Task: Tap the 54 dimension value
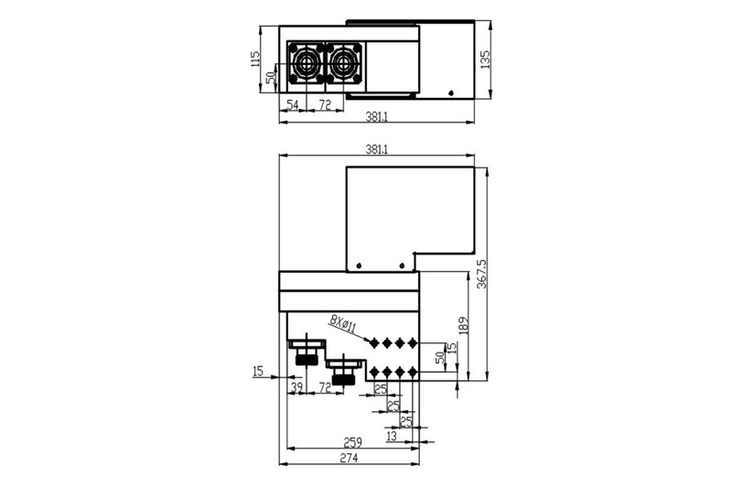pyautogui.click(x=292, y=106)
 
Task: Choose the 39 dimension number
pyautogui.click(x=296, y=388)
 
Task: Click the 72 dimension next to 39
pyautogui.click(x=324, y=388)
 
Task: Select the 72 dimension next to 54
pyautogui.click(x=324, y=106)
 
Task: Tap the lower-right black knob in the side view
pyautogui.click(x=344, y=377)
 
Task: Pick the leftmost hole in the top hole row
pyautogui.click(x=373, y=342)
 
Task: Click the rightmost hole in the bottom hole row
pyautogui.click(x=413, y=372)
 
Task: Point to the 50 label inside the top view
pyautogui.click(x=271, y=78)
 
